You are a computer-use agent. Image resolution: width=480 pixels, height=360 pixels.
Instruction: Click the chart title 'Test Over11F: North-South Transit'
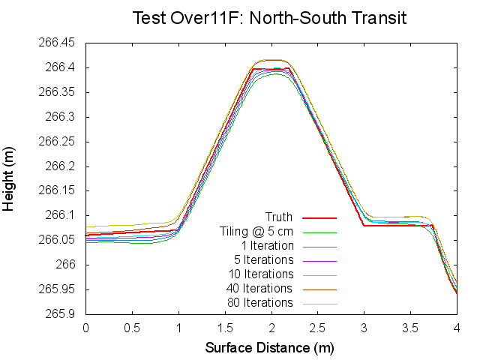click(269, 18)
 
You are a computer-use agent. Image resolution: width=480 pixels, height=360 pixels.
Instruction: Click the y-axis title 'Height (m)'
click(10, 178)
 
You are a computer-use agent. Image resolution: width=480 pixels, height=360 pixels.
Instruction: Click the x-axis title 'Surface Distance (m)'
click(269, 348)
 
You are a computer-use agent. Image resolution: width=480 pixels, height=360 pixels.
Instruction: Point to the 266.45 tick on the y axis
click(57, 43)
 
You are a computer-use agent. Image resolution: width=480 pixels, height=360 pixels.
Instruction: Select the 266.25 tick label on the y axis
click(57, 142)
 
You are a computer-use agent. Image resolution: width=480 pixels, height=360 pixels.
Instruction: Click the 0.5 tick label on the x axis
click(132, 328)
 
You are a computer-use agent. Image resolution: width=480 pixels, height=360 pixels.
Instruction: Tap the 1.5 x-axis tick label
click(225, 328)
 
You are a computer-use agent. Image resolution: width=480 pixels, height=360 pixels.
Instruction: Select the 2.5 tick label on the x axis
click(318, 328)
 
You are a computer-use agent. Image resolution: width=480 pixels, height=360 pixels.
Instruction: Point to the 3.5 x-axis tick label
click(411, 328)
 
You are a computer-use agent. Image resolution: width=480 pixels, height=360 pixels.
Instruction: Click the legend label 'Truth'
click(279, 217)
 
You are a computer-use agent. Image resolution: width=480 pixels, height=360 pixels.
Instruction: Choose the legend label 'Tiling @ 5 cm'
click(256, 232)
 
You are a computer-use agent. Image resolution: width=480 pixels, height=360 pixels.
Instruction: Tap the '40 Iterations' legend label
click(259, 289)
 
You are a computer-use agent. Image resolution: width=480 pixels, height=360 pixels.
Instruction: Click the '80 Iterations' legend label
click(259, 303)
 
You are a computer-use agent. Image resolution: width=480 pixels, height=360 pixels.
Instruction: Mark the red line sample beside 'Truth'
click(320, 217)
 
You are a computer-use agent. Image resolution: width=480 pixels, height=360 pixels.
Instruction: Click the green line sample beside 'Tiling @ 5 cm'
click(320, 232)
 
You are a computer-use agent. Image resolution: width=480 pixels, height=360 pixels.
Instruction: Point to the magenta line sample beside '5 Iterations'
click(320, 260)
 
